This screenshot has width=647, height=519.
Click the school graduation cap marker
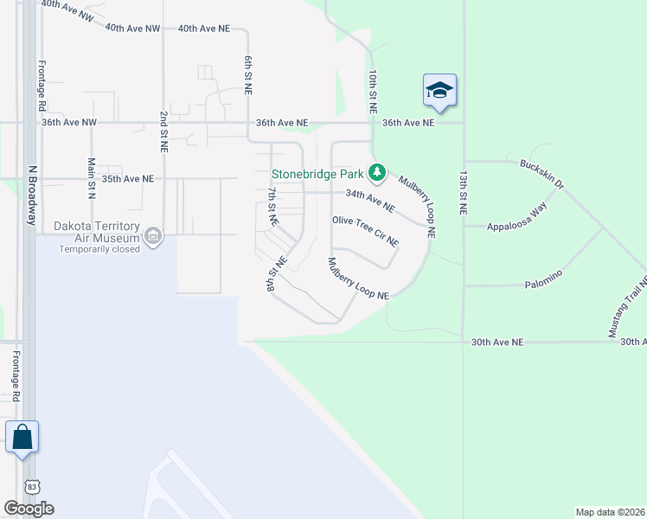click(439, 90)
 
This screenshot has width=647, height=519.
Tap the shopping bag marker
click(22, 437)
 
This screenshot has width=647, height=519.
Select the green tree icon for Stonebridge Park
click(376, 173)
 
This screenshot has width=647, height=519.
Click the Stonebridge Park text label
click(318, 173)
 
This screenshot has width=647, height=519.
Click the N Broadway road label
click(31, 195)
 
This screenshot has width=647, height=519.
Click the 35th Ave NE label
click(127, 179)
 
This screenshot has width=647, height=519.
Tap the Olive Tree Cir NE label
click(365, 230)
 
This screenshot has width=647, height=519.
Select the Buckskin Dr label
click(541, 174)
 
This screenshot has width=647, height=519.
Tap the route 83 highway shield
click(31, 487)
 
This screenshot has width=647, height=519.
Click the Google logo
click(29, 509)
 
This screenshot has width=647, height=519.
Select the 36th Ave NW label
click(68, 123)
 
